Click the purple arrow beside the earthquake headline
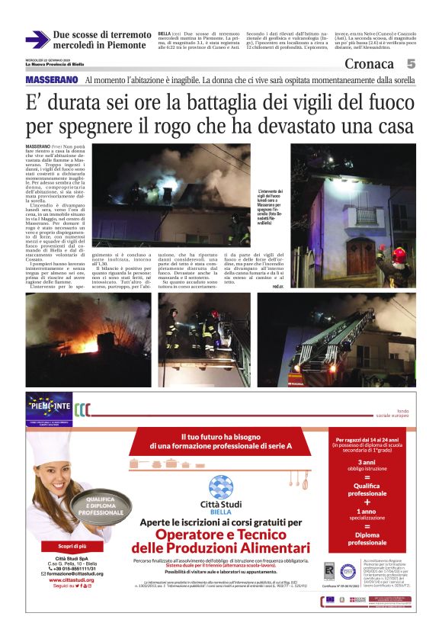[37, 40]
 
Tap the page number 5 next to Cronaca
[411, 64]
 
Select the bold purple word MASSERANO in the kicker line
[52, 80]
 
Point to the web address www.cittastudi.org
[73, 579]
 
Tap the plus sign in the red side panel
[367, 502]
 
